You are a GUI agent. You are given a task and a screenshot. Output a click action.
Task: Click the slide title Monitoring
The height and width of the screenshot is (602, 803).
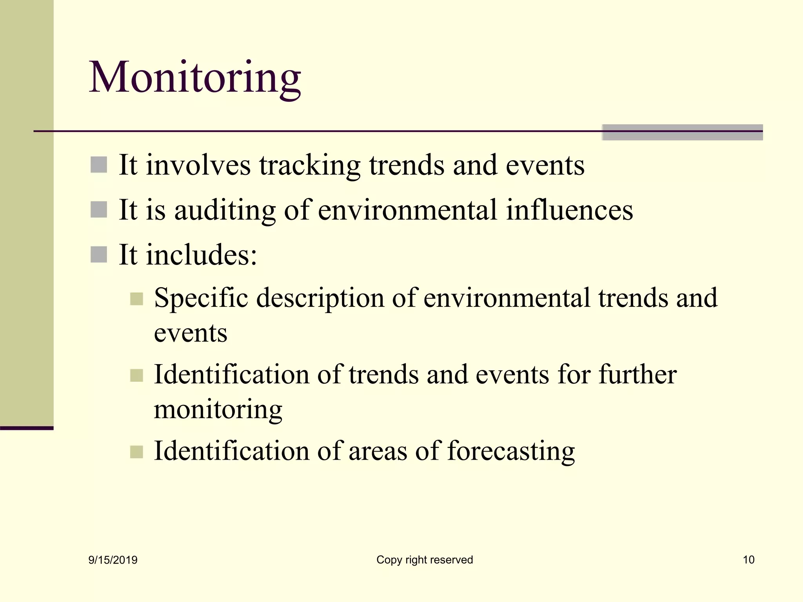coord(195,77)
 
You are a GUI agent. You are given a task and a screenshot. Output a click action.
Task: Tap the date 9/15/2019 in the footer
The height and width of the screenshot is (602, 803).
coord(113,560)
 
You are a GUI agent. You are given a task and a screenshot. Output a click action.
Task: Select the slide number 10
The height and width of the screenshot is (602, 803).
coord(748,560)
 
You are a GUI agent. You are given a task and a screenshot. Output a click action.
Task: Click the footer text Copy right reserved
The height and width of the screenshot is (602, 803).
coord(425,560)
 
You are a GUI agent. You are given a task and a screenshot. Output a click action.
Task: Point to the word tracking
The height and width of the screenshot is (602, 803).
coord(309,165)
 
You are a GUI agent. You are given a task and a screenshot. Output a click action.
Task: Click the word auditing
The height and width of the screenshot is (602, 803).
coord(225,210)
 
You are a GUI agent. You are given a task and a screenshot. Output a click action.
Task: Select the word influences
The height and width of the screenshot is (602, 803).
coord(569,210)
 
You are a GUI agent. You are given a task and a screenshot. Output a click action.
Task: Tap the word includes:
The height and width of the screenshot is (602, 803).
coord(202,255)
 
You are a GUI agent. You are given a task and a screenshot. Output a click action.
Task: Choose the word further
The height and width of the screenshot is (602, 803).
coord(638,375)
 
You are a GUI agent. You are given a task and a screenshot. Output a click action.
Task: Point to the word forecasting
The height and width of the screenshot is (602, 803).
coord(511,451)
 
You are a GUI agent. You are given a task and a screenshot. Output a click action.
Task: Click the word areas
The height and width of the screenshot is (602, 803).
coord(378,451)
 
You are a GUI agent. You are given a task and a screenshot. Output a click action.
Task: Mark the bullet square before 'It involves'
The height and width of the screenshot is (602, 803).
coord(99,165)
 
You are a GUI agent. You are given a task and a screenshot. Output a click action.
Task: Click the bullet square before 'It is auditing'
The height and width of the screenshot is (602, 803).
coord(99,210)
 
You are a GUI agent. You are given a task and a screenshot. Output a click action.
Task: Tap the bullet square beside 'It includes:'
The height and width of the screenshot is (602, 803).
coord(99,254)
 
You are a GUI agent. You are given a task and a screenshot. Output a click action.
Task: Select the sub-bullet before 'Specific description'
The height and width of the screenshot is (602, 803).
coord(136,299)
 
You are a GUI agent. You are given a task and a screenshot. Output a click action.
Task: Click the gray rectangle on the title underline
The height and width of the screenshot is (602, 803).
coord(682,132)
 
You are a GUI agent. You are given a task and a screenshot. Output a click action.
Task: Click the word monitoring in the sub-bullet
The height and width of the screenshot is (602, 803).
coord(218,410)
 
